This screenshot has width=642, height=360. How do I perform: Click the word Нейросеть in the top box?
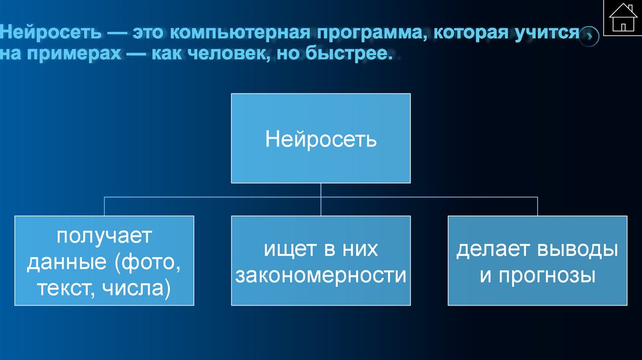321,138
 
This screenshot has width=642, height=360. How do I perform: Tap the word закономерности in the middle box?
320,275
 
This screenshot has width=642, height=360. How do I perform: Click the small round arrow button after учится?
589,36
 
